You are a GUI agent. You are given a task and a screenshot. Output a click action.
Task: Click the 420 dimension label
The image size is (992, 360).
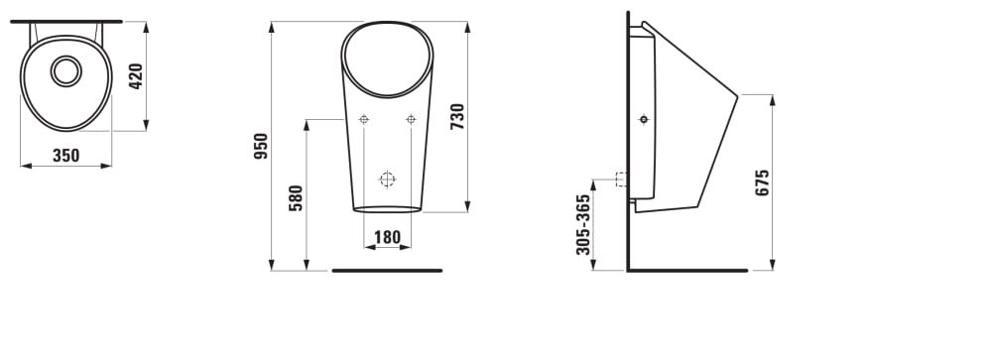pyautogui.click(x=136, y=76)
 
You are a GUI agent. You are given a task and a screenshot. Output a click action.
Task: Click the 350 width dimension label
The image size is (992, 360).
pyautogui.click(x=65, y=155)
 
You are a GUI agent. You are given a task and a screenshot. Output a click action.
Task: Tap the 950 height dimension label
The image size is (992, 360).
pyautogui.click(x=261, y=146)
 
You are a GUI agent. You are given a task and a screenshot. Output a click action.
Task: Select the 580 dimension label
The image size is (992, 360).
pyautogui.click(x=296, y=198)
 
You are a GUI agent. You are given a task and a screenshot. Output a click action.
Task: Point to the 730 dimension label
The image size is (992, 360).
pyautogui.click(x=456, y=117)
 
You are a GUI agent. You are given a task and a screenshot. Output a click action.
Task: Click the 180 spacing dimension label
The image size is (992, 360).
pyautogui.click(x=387, y=237)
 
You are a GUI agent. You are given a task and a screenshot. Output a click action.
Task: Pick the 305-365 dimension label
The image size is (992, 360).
pyautogui.click(x=582, y=224)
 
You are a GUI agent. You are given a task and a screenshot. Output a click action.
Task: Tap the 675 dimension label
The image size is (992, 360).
pyautogui.click(x=762, y=182)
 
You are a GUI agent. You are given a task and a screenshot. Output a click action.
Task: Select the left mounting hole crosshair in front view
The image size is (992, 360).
pyautogui.click(x=364, y=119)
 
